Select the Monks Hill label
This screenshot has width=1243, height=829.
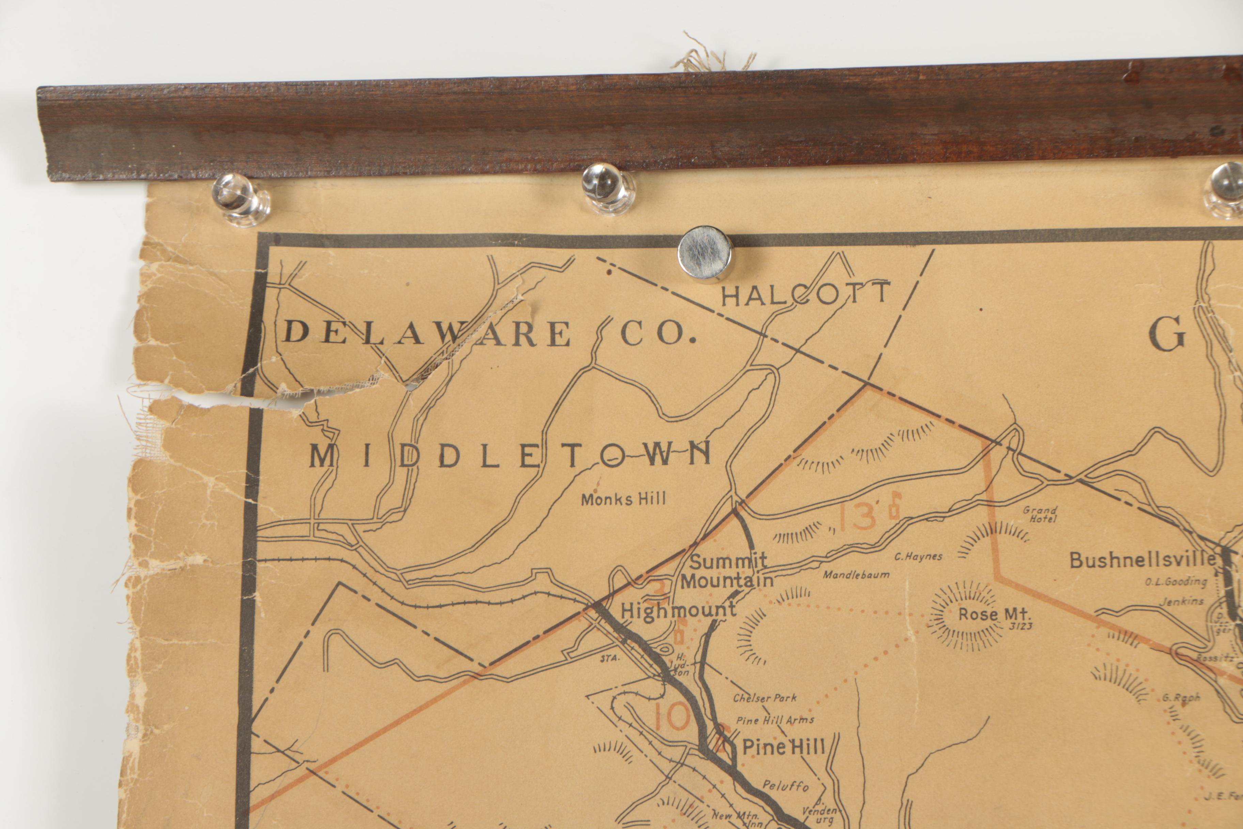(x=624, y=499)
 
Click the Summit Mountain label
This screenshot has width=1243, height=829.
(x=727, y=571)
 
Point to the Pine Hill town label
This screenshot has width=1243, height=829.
(x=783, y=747)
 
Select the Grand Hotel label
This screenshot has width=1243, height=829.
(x=1040, y=514)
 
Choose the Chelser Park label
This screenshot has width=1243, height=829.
(x=765, y=698)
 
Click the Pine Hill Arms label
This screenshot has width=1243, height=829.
(x=775, y=720)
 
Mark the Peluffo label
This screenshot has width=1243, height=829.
(x=786, y=786)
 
